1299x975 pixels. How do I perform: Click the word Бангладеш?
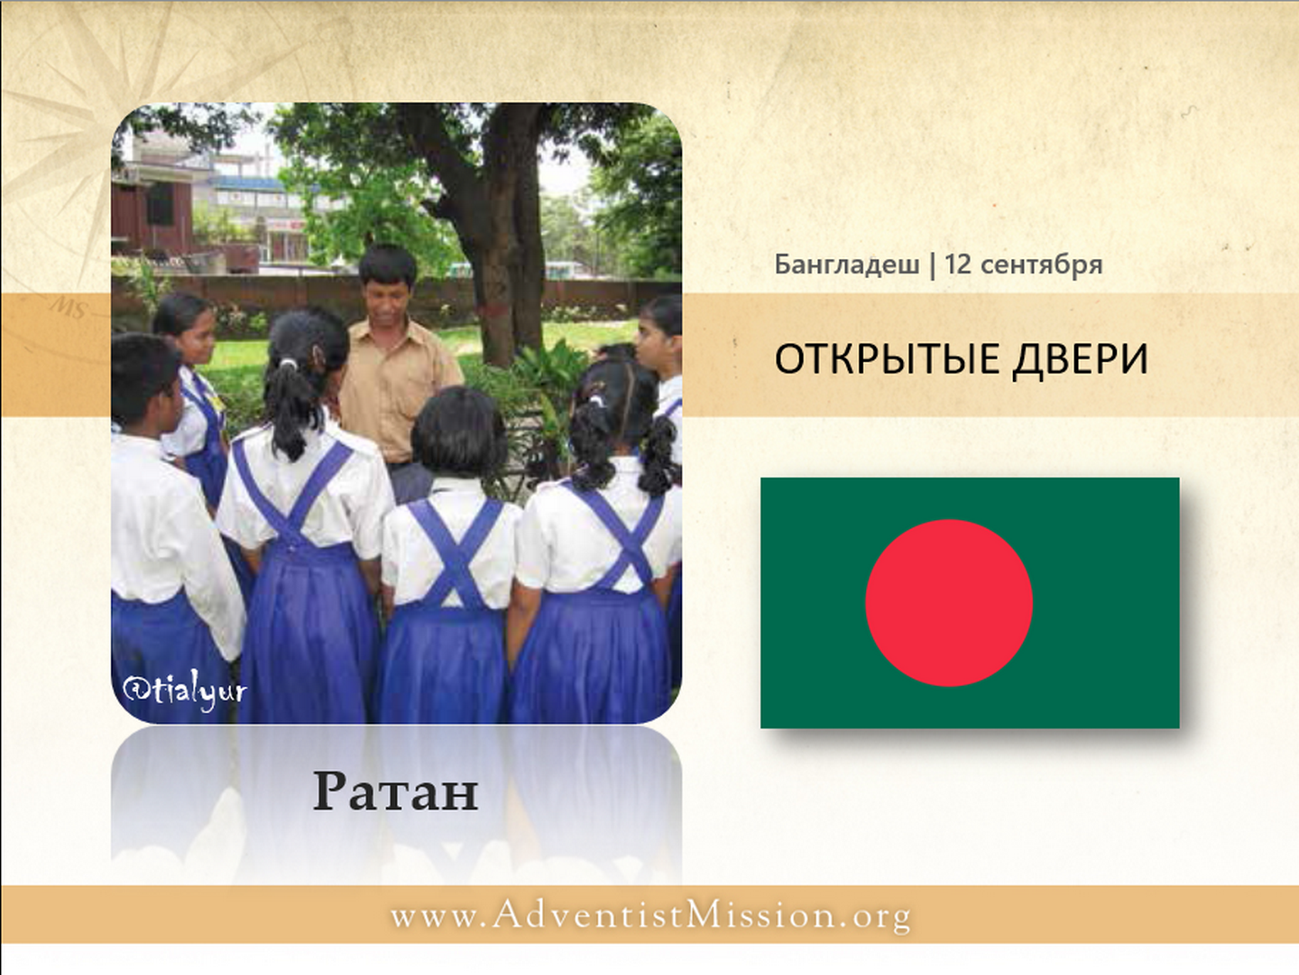click(x=847, y=264)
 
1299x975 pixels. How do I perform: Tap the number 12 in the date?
click(x=957, y=264)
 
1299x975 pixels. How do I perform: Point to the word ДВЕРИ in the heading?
click(x=1080, y=359)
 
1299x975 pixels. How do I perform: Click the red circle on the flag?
click(x=949, y=603)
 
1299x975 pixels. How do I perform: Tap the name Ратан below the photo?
click(x=395, y=792)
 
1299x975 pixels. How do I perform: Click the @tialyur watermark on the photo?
click(x=184, y=691)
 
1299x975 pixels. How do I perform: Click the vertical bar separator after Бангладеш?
click(x=933, y=265)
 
